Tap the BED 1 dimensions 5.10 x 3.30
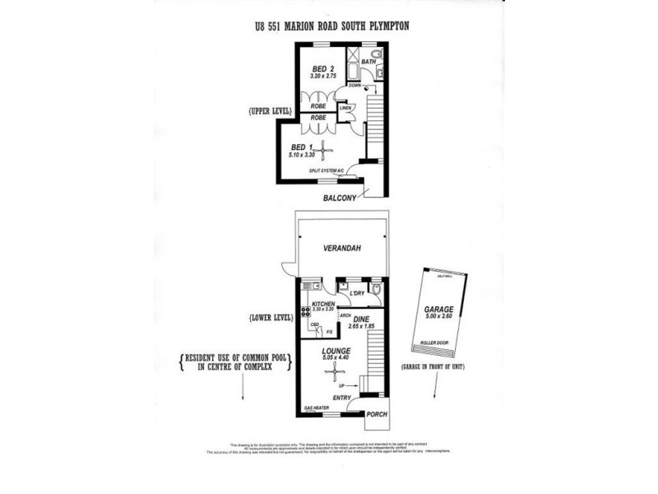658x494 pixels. pos(303,155)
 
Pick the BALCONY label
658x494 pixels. pos(339,198)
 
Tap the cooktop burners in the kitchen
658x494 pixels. pos(305,311)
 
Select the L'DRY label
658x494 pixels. pos(356,294)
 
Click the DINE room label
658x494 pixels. pos(362,319)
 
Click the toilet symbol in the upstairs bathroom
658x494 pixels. pos(376,56)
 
